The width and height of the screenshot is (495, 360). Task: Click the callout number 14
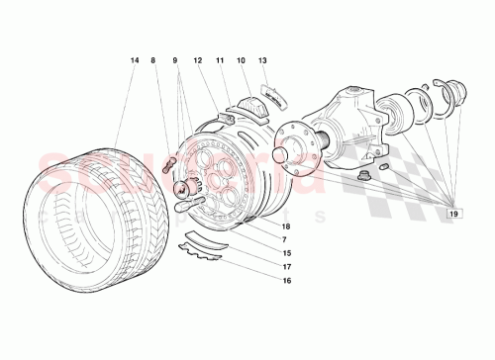coord(134,60)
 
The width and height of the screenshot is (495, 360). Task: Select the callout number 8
coord(153,60)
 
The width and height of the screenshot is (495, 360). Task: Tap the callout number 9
coord(175,60)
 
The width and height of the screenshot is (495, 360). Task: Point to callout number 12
coord(198,60)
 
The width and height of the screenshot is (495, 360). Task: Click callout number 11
coord(220,60)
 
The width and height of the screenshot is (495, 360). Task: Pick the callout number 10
coord(241,60)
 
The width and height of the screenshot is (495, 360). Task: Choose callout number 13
coord(262,60)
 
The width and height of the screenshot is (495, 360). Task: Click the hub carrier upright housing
coord(351,114)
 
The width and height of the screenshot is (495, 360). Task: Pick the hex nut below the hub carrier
coord(369,175)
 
